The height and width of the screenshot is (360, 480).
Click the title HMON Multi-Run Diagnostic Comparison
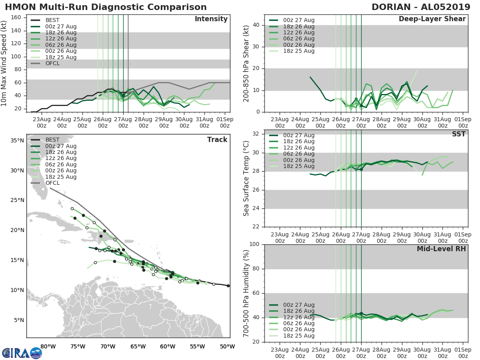tap(106, 7)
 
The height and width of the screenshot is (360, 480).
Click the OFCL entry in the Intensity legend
tap(52, 63)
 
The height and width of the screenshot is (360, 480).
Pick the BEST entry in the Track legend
tap(52, 140)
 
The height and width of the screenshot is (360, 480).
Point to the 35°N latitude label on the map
tap(17, 140)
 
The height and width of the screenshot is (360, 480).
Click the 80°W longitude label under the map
tap(48, 346)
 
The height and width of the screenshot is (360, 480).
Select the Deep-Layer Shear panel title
tap(432, 19)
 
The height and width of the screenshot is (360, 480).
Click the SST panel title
tap(459, 134)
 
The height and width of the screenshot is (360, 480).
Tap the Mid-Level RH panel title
tap(441, 249)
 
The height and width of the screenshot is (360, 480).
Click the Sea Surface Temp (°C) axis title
tap(246, 178)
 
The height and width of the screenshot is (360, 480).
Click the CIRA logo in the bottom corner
tap(22, 353)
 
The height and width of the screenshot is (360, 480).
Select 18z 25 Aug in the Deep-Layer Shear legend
tap(298, 51)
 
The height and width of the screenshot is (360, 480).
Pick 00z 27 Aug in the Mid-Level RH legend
tap(298, 305)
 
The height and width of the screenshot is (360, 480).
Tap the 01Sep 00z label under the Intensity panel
tap(225, 122)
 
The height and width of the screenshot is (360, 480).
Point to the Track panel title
tap(217, 140)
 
